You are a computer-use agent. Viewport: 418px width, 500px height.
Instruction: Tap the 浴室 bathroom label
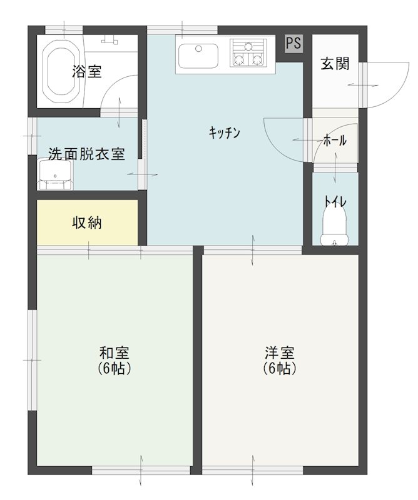click(x=87, y=72)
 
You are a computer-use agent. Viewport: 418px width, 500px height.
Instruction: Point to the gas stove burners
click(x=248, y=52)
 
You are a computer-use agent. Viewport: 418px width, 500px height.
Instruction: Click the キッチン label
click(x=225, y=132)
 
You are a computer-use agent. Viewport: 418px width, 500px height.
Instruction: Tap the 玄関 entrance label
click(x=335, y=64)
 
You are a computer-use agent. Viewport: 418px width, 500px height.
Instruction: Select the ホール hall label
click(x=335, y=141)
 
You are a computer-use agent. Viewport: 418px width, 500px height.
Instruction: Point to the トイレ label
click(x=335, y=201)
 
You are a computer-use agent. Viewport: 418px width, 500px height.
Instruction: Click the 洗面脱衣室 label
click(x=86, y=154)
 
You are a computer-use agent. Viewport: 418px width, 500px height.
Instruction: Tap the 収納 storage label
click(x=87, y=222)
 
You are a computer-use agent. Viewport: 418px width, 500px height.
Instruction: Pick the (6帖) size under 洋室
click(x=279, y=369)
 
